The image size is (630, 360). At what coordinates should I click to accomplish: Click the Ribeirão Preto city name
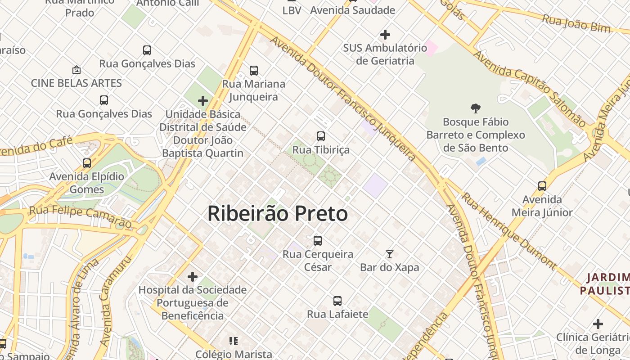(277, 214)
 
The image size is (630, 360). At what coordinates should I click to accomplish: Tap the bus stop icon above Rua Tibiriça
(321, 136)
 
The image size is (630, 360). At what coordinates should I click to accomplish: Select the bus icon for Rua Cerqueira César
(318, 241)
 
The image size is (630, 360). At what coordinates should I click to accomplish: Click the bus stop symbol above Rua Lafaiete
(337, 301)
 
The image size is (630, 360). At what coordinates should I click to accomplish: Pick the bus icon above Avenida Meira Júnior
(542, 186)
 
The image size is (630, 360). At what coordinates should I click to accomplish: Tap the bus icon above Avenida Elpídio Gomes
(87, 163)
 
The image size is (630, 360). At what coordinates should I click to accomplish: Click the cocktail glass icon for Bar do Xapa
(390, 254)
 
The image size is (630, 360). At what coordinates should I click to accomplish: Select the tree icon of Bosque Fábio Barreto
(475, 108)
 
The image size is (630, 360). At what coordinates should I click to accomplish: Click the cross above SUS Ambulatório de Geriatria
(385, 34)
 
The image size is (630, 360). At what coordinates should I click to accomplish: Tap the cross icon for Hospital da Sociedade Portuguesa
(193, 276)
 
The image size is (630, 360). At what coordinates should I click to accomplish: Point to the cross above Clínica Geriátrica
(598, 324)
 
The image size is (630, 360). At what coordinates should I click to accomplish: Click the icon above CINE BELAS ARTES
(76, 70)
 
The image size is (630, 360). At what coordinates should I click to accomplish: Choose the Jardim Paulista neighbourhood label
(605, 283)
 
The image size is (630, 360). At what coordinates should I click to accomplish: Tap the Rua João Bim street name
(576, 23)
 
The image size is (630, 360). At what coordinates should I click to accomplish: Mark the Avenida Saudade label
(352, 10)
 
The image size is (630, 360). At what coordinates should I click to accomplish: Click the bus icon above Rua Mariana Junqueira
(254, 71)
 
